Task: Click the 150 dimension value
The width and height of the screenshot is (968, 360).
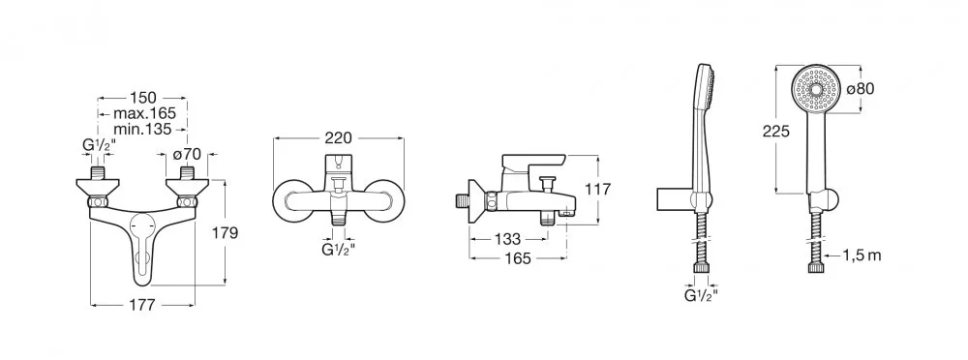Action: (x=142, y=98)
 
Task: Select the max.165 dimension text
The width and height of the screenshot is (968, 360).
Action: (x=144, y=113)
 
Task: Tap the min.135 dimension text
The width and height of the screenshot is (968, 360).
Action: (x=142, y=129)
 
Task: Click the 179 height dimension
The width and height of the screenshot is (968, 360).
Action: (x=225, y=233)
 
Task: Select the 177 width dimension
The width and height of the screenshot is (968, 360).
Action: (x=141, y=305)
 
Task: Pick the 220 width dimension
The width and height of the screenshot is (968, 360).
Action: (x=338, y=137)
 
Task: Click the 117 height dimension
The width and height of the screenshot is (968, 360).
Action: (x=597, y=189)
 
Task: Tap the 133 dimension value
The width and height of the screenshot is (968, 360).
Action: (x=507, y=238)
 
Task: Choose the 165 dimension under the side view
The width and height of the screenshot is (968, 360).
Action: (x=517, y=258)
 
